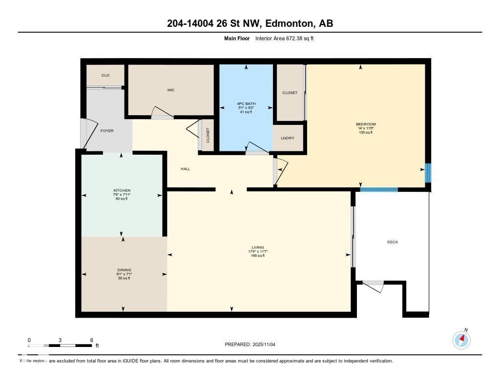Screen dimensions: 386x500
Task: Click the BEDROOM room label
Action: (x=365, y=124)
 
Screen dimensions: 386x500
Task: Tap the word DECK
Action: (x=392, y=242)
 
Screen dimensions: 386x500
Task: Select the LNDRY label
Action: (x=288, y=138)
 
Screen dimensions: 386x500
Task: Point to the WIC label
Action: (x=170, y=90)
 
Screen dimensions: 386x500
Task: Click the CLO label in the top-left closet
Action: (x=105, y=75)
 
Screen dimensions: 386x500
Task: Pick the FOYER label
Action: (x=107, y=131)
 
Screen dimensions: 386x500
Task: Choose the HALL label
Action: (x=185, y=169)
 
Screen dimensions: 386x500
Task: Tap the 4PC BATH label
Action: (x=246, y=103)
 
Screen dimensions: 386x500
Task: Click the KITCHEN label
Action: (x=122, y=190)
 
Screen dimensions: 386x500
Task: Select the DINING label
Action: (x=124, y=270)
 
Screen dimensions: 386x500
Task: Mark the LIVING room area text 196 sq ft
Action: (x=257, y=256)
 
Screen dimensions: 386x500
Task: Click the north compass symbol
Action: (x=461, y=340)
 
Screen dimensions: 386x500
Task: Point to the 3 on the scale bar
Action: (x=60, y=340)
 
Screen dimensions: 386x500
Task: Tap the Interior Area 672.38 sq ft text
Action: (x=284, y=38)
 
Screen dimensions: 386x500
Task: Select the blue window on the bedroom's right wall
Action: (x=428, y=173)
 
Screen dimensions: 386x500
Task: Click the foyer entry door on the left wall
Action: (x=85, y=134)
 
